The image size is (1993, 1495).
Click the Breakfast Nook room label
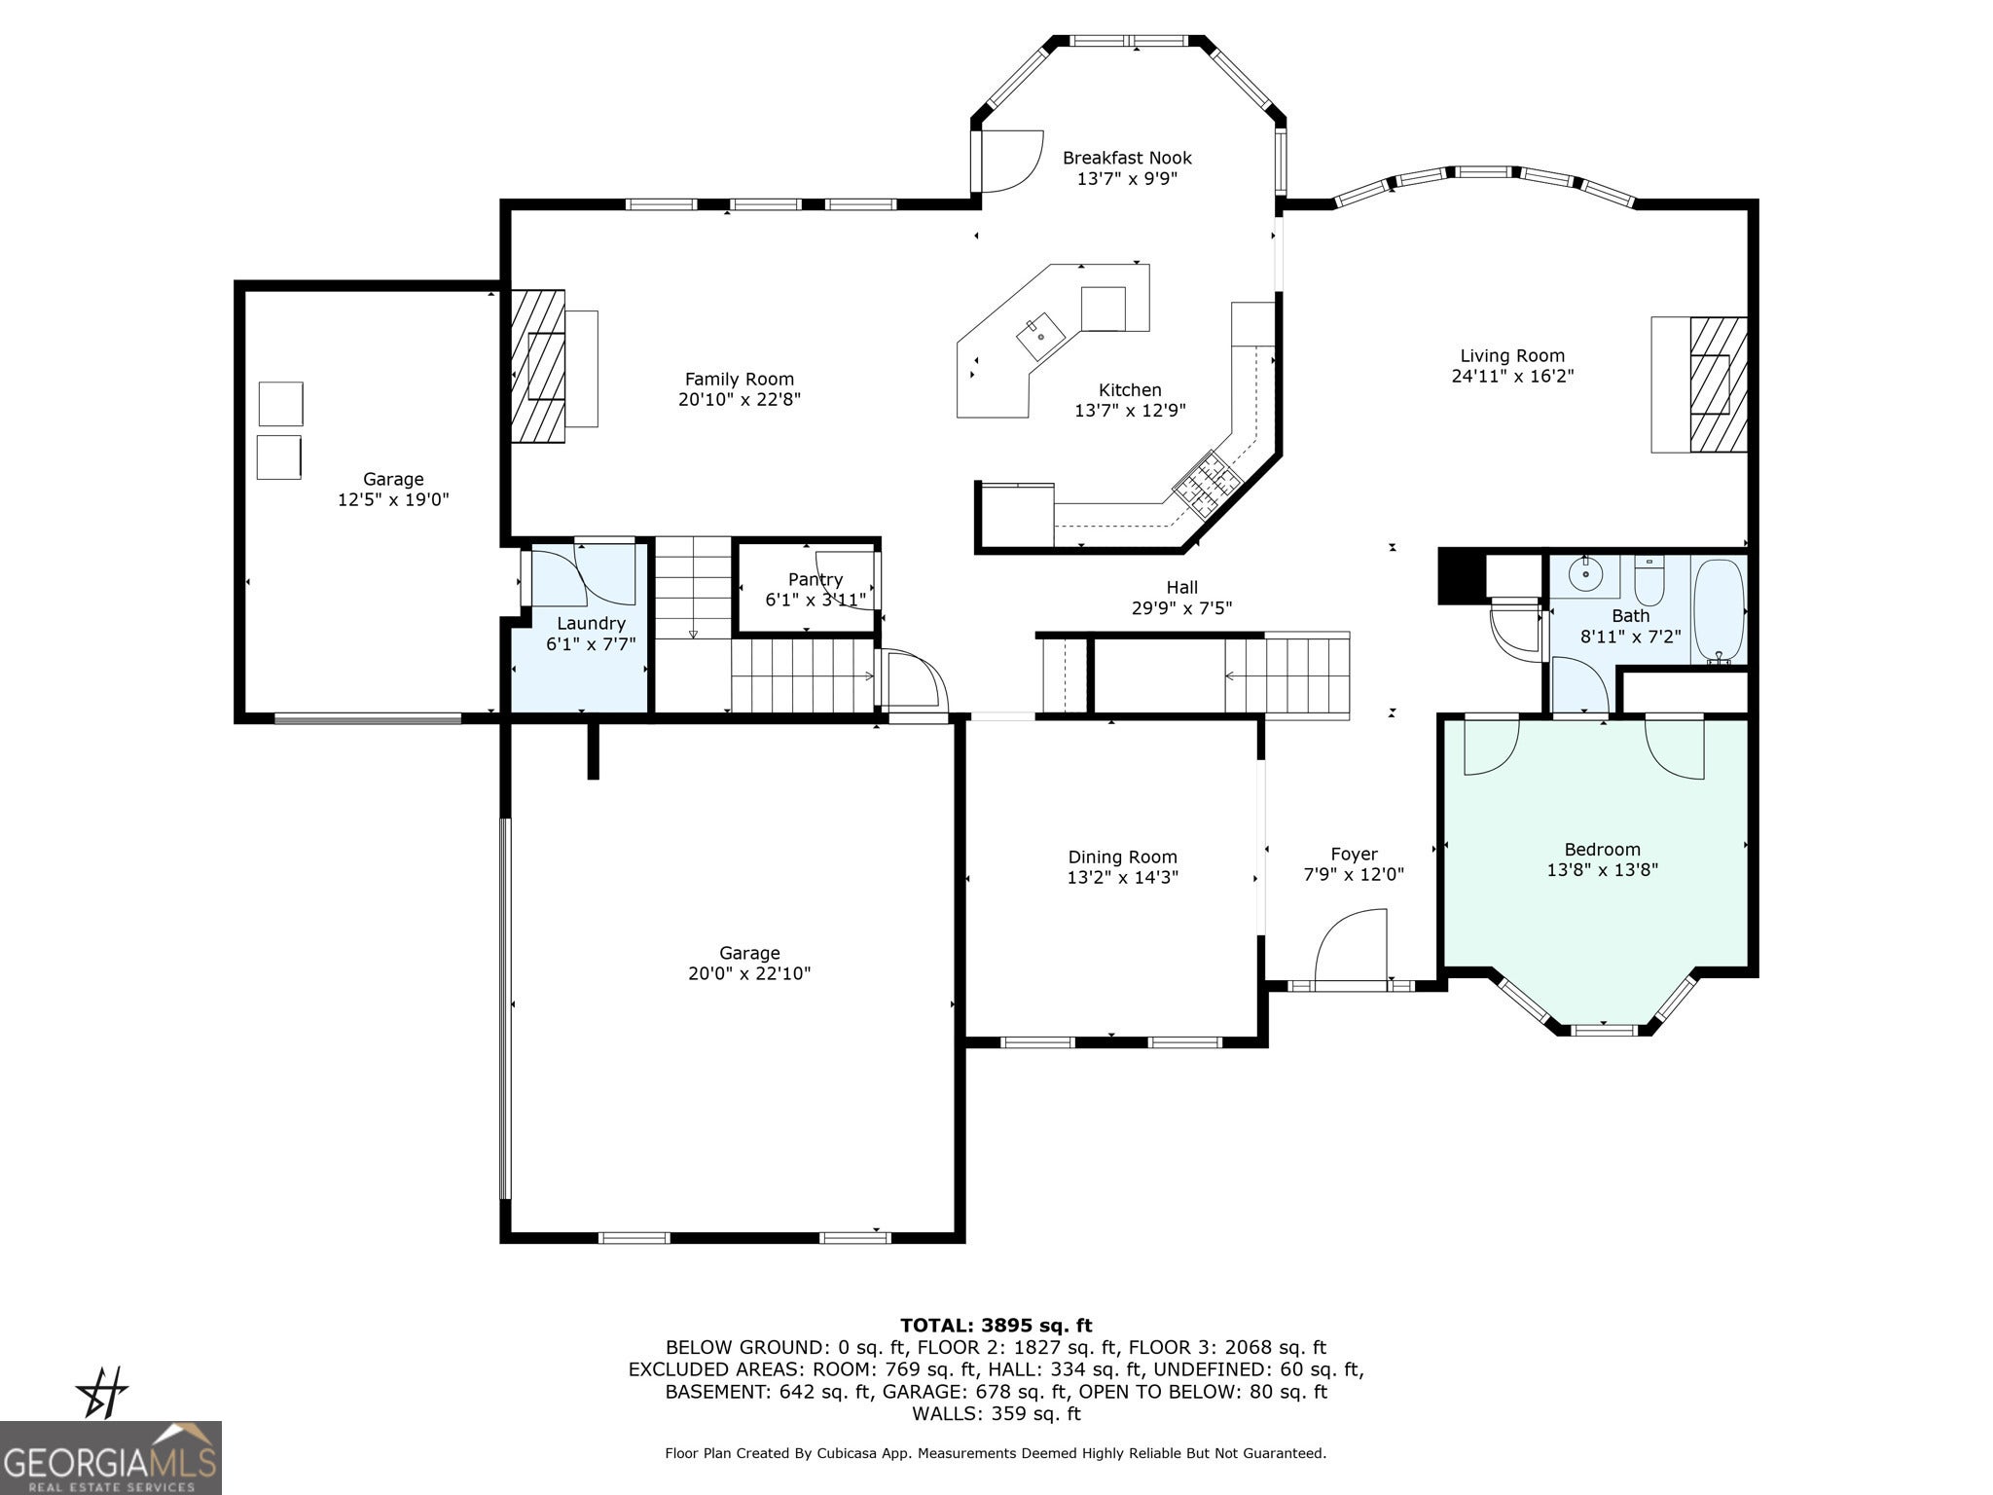[1127, 158]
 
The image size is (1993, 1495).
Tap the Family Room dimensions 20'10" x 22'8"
[740, 399]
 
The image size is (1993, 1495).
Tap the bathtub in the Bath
[1720, 610]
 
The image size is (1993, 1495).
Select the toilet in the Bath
[1649, 580]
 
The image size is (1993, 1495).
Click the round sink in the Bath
[1586, 575]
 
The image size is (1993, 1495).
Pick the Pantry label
[815, 579]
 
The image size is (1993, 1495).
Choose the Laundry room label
[591, 624]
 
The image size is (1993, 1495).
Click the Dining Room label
[1123, 857]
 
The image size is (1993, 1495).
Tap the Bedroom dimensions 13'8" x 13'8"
[1603, 870]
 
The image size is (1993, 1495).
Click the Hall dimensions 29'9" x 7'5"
[1182, 608]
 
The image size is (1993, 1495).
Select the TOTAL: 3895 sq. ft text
[996, 1326]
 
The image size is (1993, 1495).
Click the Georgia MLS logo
[111, 1458]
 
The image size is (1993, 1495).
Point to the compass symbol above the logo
[102, 1393]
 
